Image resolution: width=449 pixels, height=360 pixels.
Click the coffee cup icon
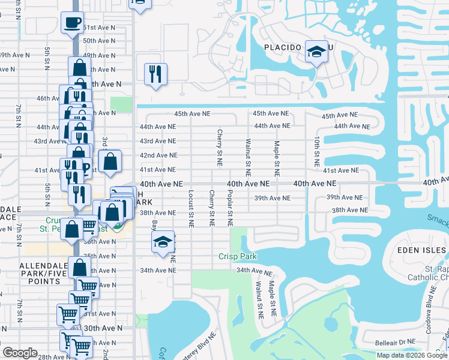tap(72, 23)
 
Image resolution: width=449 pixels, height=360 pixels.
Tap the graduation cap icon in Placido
tap(316, 52)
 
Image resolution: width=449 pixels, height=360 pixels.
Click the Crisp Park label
tap(237, 257)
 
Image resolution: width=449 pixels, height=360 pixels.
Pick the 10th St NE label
tap(316, 151)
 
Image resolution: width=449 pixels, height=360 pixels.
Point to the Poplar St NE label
tap(230, 209)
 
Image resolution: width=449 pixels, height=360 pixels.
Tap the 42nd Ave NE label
tap(158, 155)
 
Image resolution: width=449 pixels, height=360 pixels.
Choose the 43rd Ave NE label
tap(158, 141)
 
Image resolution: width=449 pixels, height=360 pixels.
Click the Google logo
tap(20, 352)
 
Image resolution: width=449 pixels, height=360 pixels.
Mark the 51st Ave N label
tap(97, 28)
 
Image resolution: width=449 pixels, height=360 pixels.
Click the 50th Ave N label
tap(98, 41)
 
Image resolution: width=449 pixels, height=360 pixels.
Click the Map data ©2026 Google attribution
tap(412, 355)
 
